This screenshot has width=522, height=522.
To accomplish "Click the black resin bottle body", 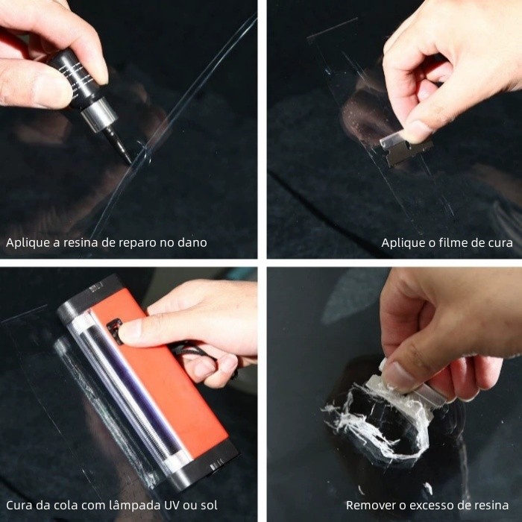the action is pos(75,78).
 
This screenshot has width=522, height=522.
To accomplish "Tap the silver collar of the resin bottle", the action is pos(99,114).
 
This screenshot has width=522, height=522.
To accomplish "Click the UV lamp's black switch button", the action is pos(115,331).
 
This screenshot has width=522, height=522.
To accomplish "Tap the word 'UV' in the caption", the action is pos(172,506).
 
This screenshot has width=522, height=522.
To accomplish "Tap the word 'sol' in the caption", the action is pos(209,506).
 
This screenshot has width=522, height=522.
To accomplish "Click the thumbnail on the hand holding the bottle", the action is pos(51,89).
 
